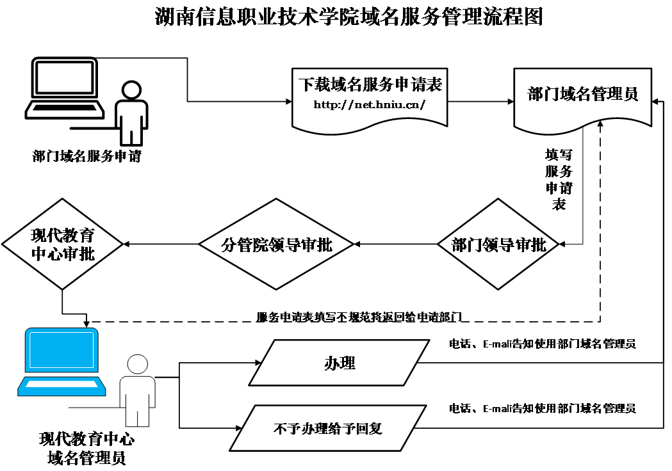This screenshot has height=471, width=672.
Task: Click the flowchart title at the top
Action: (x=349, y=17)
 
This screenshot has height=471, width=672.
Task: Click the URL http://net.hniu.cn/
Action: (x=369, y=104)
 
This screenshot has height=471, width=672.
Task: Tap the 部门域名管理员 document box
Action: (x=583, y=95)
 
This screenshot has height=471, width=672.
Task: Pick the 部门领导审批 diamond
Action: (x=498, y=244)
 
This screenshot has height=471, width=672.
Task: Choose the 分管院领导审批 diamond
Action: (x=276, y=244)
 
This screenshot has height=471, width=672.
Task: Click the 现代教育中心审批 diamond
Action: (x=62, y=244)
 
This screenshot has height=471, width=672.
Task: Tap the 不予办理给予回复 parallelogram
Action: (x=328, y=427)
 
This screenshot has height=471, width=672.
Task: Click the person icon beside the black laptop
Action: (x=131, y=113)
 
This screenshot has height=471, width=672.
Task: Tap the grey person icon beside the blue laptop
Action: (x=137, y=390)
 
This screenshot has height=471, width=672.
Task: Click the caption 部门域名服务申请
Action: (x=86, y=156)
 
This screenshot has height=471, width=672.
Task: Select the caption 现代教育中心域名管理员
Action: (x=86, y=449)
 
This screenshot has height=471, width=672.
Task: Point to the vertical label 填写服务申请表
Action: (x=559, y=180)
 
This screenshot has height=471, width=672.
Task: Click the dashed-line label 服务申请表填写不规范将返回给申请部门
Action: (x=359, y=316)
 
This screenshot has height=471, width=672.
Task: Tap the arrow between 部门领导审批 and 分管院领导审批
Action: (x=395, y=244)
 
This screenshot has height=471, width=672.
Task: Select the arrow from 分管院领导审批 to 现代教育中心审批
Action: (x=160, y=244)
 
